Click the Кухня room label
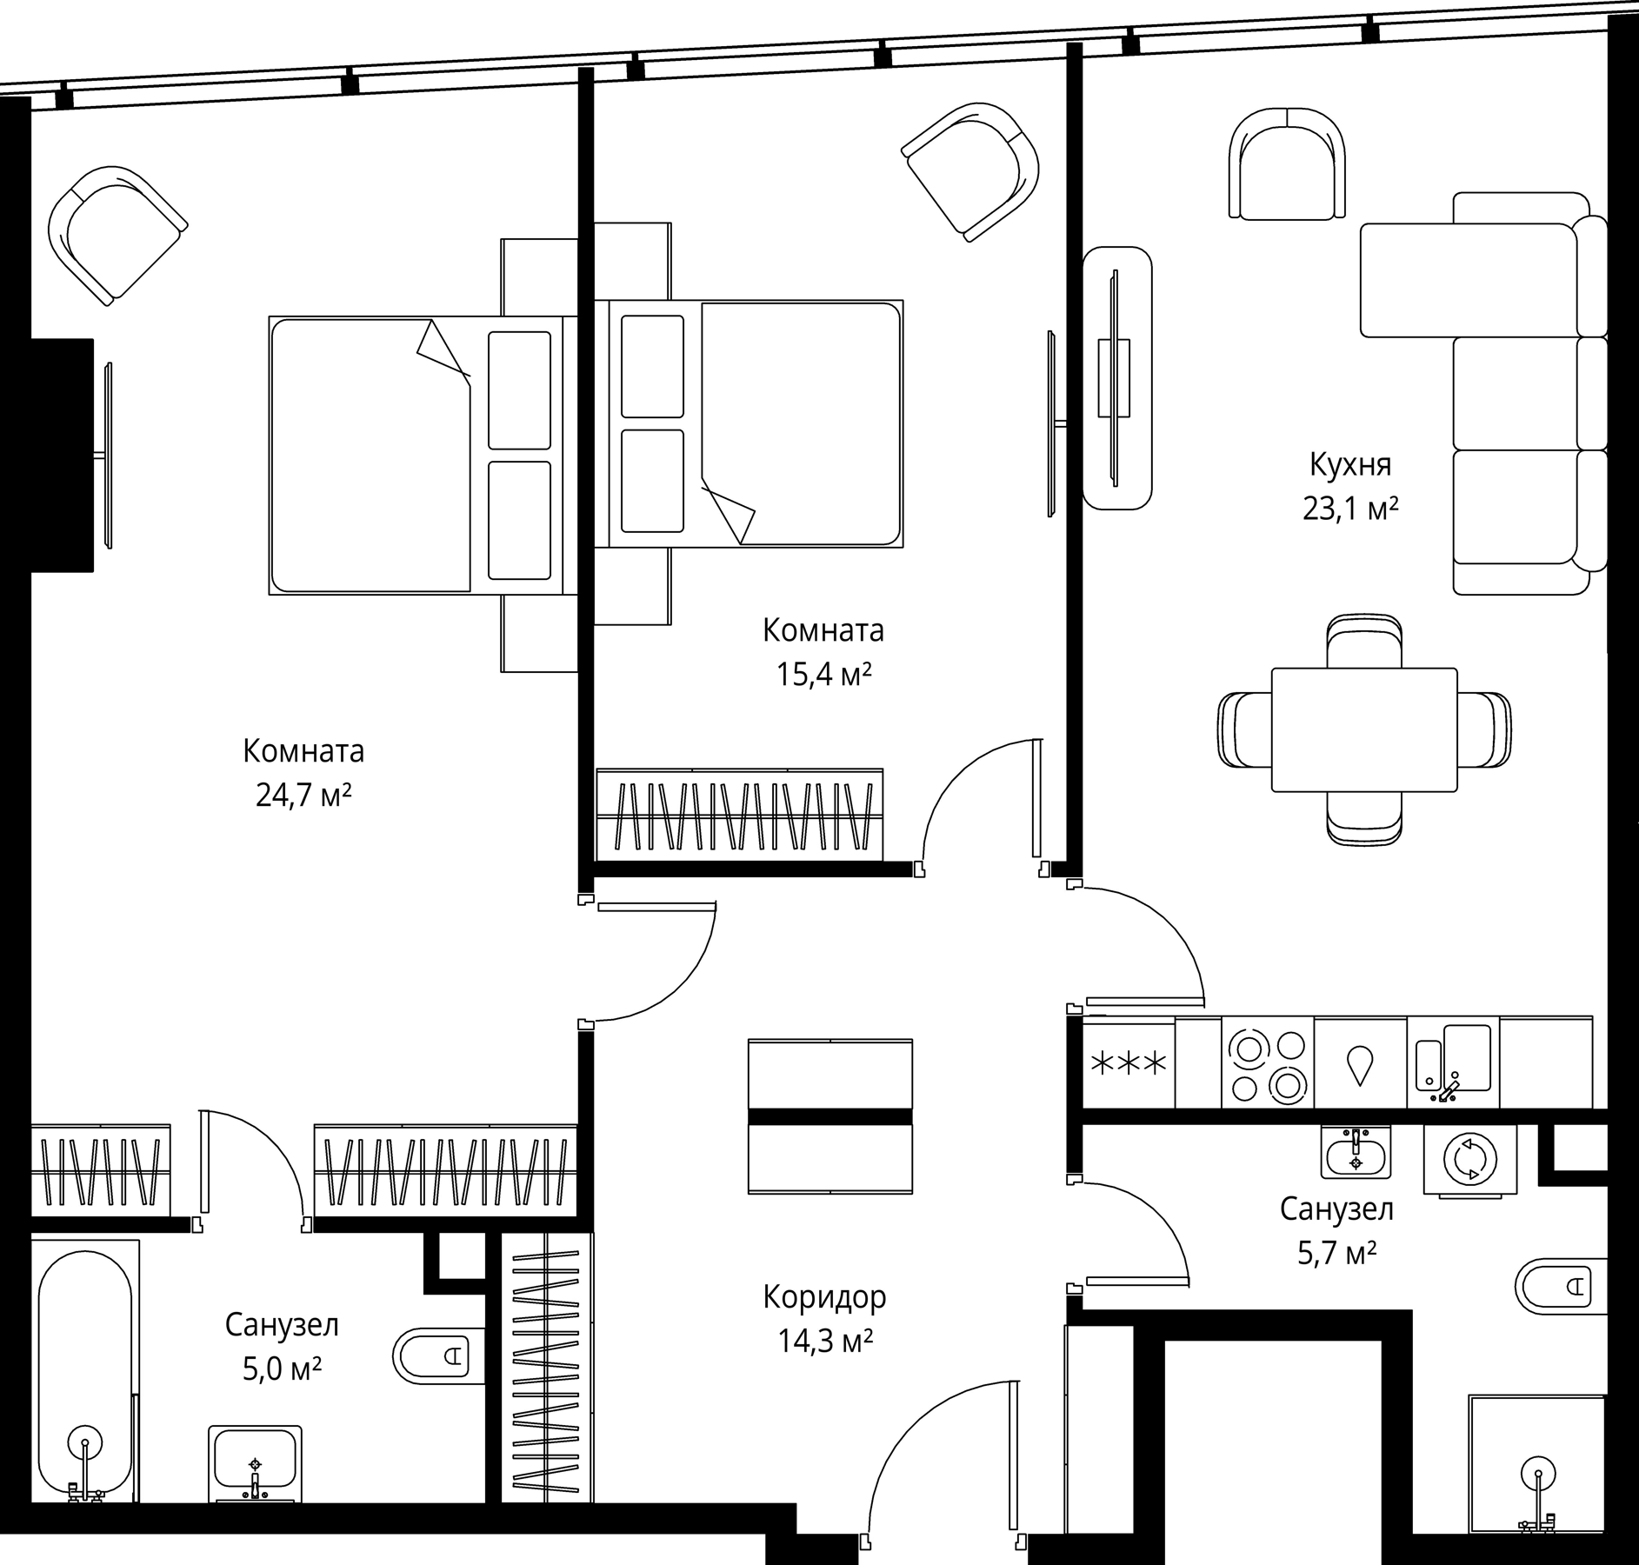coord(1349,465)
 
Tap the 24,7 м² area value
coord(303,795)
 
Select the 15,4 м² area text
coord(823,675)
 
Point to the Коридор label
coord(824,1297)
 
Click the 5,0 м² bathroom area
coord(282,1371)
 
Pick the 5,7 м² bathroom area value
coord(1336,1254)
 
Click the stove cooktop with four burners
coord(1267,1062)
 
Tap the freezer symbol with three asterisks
coord(1129,1064)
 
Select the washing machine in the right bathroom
coord(1469,1160)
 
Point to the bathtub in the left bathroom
coord(84,1374)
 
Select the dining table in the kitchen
coord(1363,730)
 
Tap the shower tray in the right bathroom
coord(1536,1469)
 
